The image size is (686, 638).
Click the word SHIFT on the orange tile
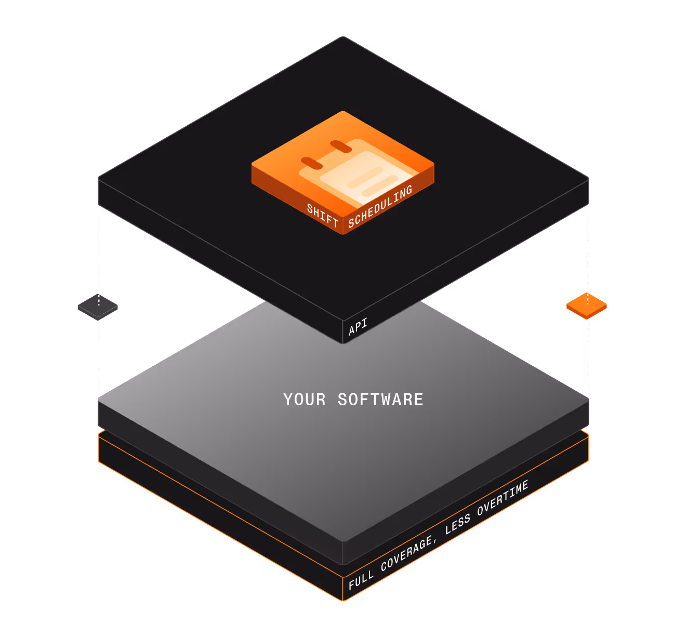[x=322, y=215]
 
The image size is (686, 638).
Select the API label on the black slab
[x=358, y=326]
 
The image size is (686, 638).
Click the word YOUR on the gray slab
[x=305, y=400]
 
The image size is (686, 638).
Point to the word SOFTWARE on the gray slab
[x=380, y=400]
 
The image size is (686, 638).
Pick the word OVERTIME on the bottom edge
[x=503, y=498]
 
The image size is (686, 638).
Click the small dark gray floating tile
[x=98, y=307]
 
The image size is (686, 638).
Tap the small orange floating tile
[x=586, y=306]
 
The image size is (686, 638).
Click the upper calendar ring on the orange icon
[x=340, y=146]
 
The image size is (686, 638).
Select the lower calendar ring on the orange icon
[x=312, y=163]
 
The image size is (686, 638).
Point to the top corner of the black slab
[x=343, y=36]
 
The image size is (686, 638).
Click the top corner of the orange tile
[x=342, y=111]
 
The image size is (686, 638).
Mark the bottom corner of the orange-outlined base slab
[x=343, y=601]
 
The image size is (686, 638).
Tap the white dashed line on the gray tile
[x=99, y=300]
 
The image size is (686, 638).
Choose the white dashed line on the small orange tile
[x=588, y=299]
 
